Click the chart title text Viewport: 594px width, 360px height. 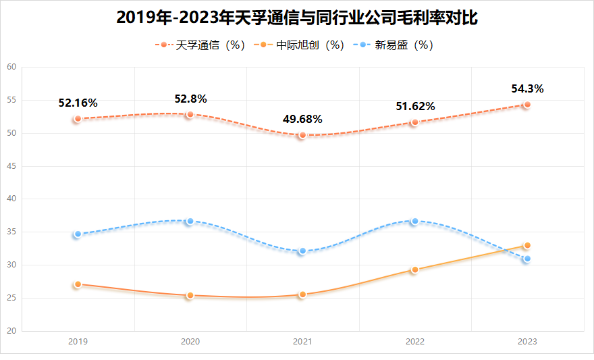(297, 18)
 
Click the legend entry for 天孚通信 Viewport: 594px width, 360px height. (201, 45)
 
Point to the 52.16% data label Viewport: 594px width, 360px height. (78, 103)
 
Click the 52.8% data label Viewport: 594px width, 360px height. (190, 99)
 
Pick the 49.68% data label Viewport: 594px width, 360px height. (302, 120)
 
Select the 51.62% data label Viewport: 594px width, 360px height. (415, 106)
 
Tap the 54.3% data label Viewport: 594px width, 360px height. (527, 88)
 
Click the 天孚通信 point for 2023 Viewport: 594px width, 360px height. (527, 105)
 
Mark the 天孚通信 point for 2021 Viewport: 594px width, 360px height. (302, 135)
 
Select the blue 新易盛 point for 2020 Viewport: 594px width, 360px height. (190, 222)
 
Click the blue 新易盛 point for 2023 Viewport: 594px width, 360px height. (527, 259)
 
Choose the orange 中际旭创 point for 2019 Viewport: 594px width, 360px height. (78, 284)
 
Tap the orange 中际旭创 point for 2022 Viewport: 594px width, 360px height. (415, 269)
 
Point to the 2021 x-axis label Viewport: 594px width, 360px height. (302, 342)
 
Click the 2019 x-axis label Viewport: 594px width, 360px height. (78, 342)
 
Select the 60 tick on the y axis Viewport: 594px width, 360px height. (11, 67)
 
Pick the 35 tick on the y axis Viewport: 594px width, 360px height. (11, 232)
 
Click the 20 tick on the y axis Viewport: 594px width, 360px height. (11, 331)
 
